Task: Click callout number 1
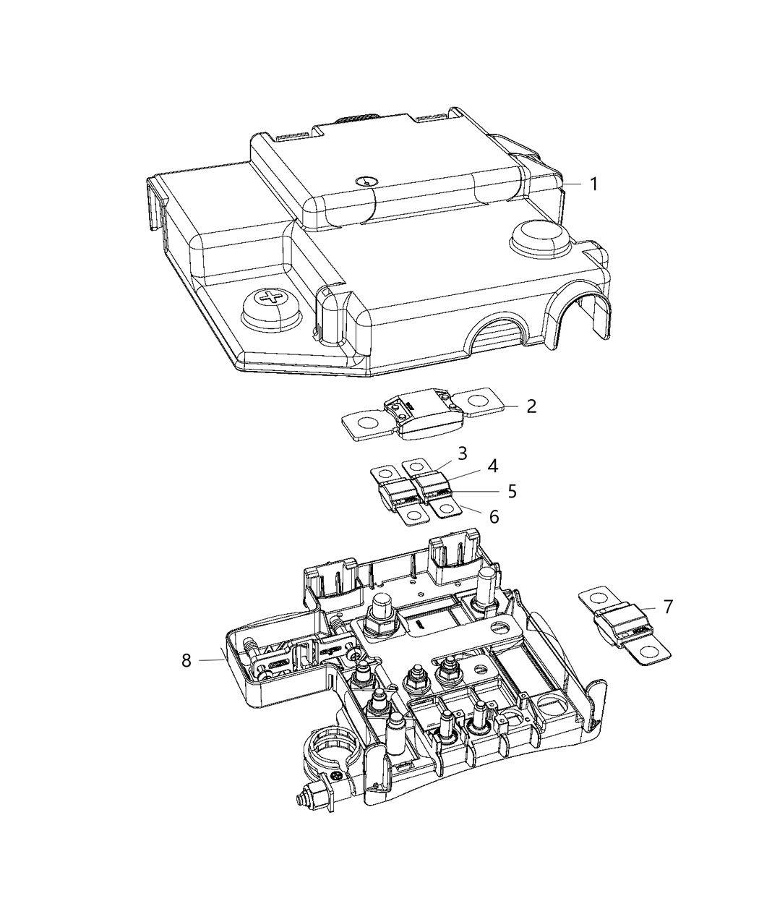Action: pos(592,184)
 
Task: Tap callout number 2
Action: pos(531,406)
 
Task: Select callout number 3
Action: pos(462,453)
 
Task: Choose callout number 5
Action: pos(511,491)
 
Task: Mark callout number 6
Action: pos(494,516)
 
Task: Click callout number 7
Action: pos(667,607)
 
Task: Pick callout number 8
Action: pos(186,660)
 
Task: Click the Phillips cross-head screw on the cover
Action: pos(272,299)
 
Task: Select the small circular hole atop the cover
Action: pos(367,183)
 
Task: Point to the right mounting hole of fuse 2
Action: pos(479,399)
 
